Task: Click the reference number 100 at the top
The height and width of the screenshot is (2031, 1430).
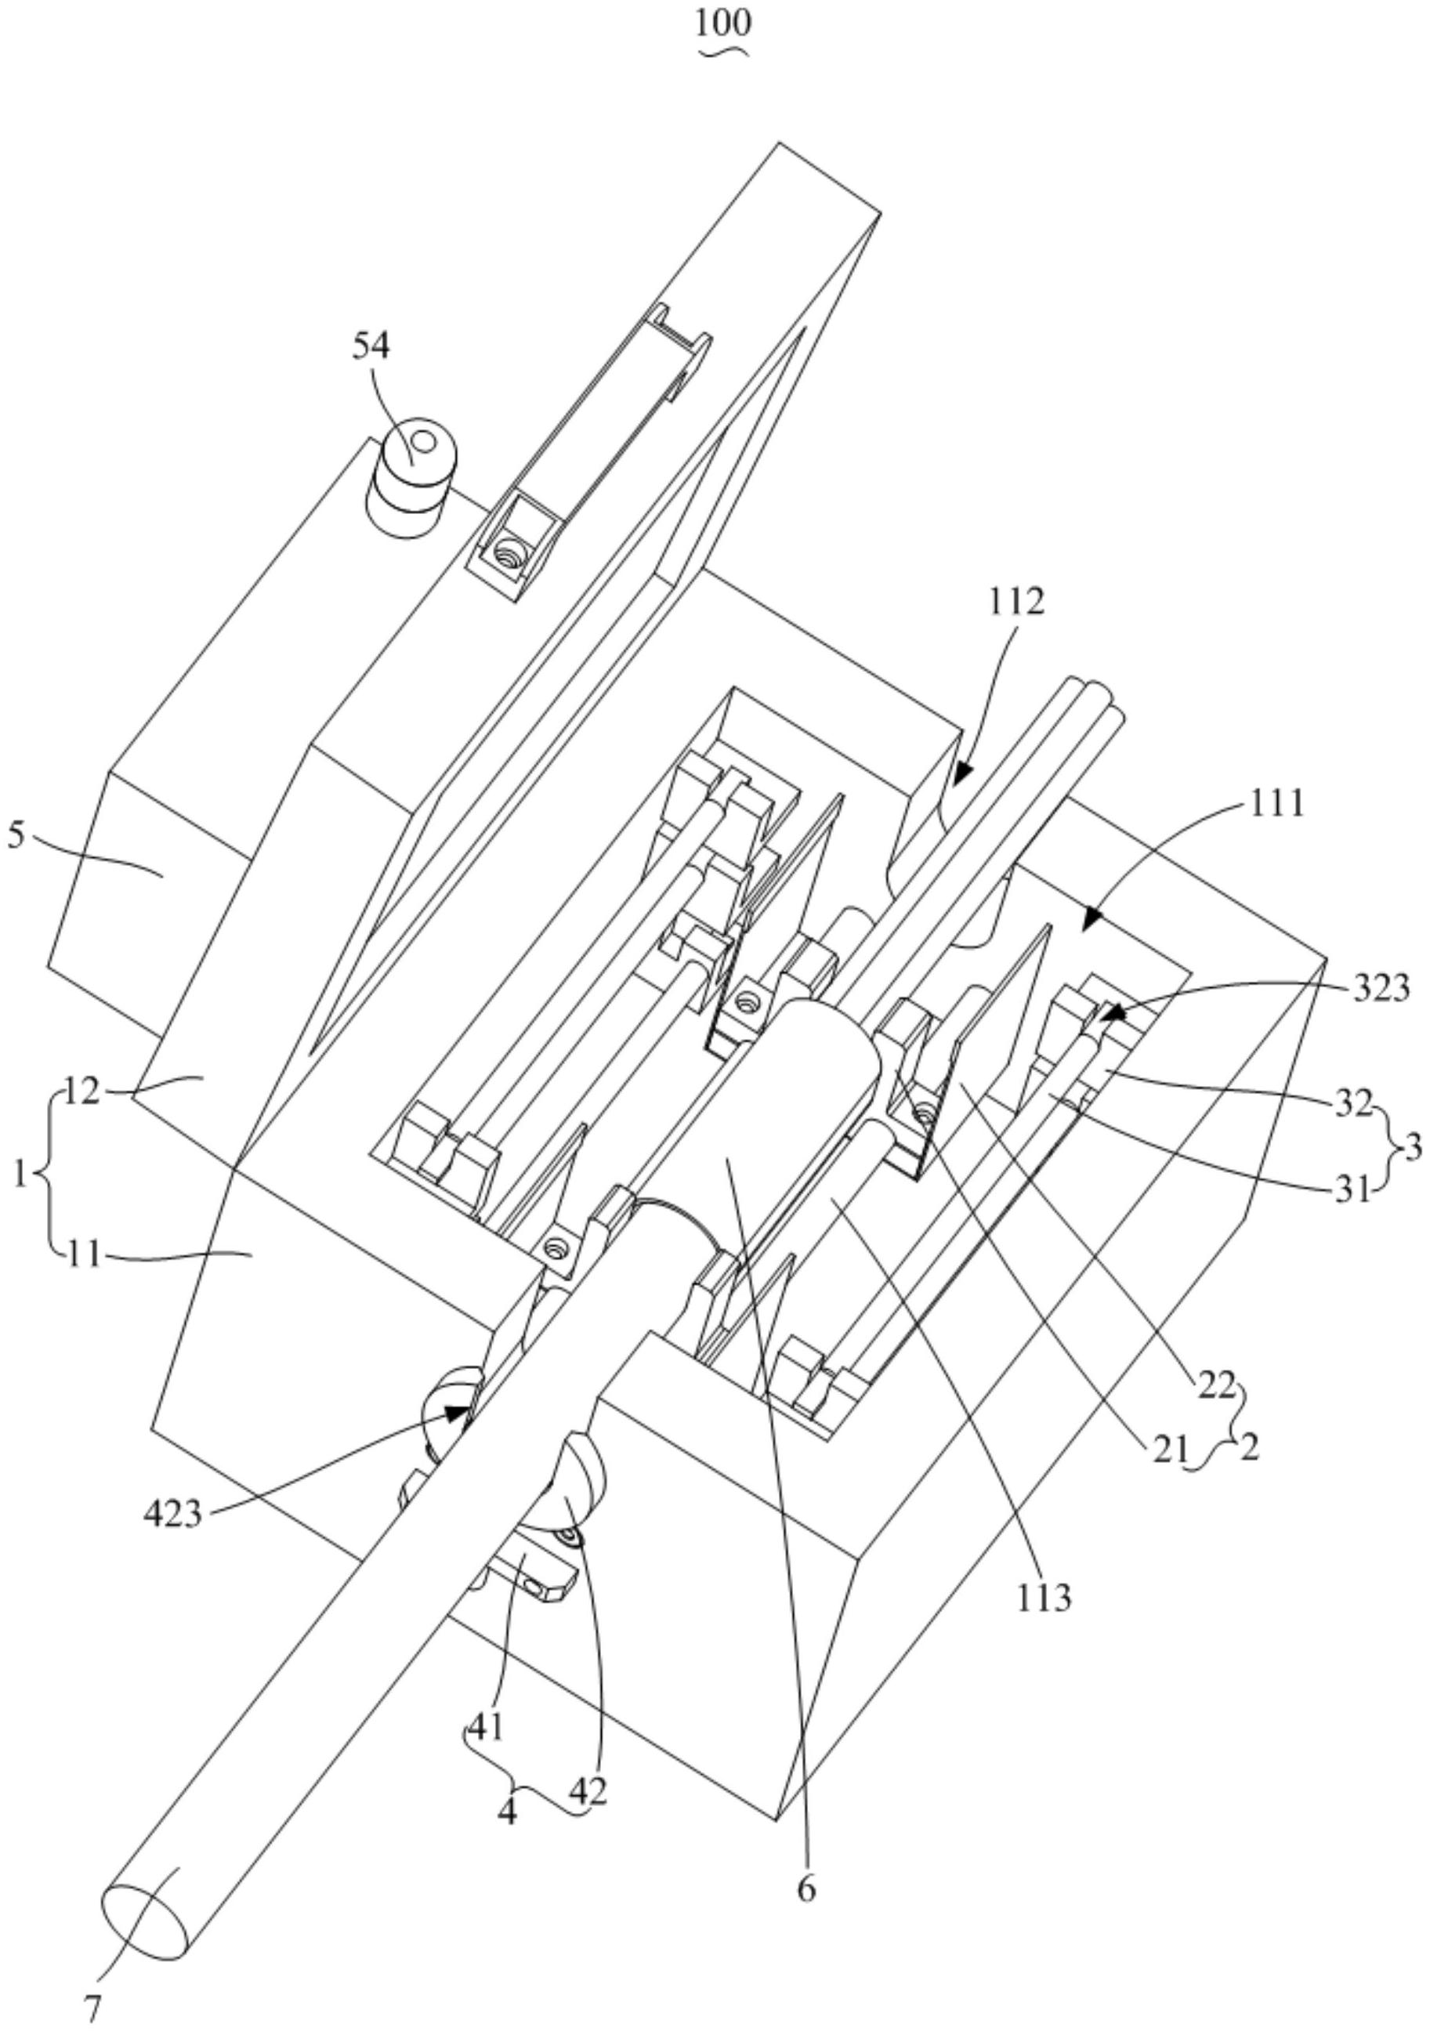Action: coord(722,24)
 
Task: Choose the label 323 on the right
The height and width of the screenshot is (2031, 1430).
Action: coord(1381,987)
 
